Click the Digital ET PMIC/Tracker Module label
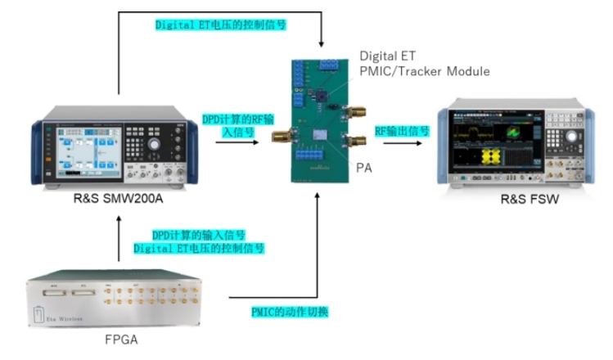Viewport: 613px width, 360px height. click(425, 64)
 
